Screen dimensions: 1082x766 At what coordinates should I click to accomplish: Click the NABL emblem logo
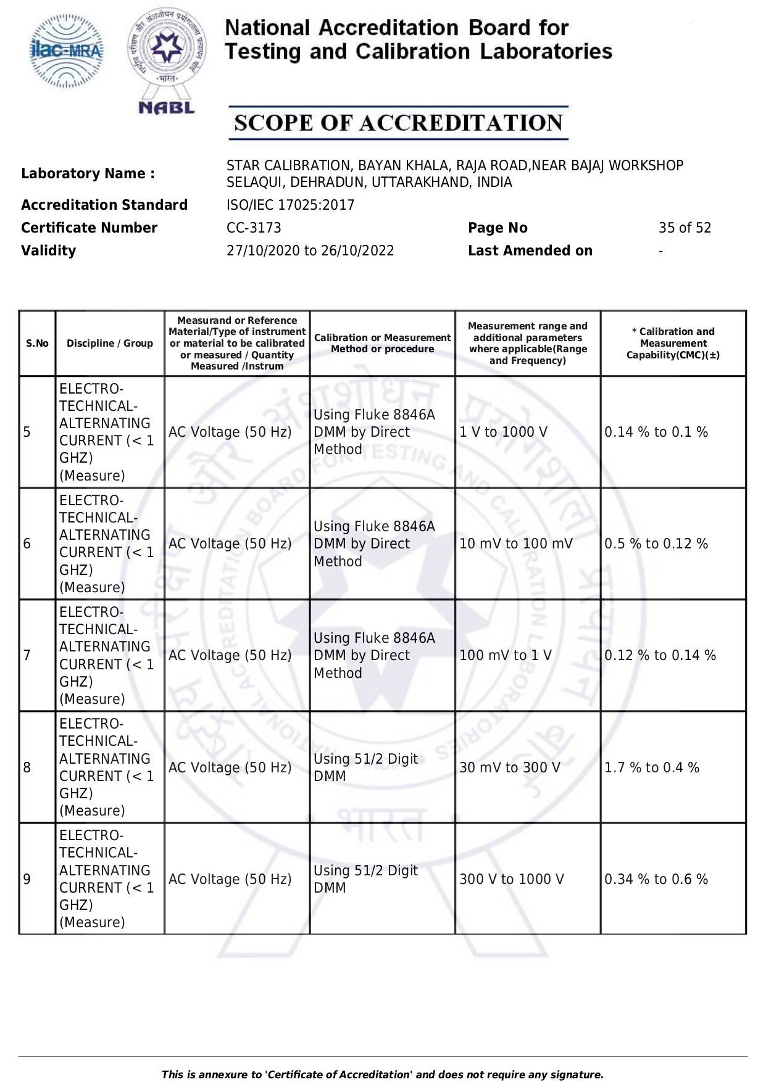(x=167, y=62)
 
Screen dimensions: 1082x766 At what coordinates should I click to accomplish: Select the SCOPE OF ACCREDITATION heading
(x=398, y=123)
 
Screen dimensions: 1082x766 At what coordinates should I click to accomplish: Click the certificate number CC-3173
(x=254, y=228)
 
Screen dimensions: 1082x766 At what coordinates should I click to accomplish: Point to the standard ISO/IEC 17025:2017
(x=290, y=205)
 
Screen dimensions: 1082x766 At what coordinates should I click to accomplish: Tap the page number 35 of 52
(x=685, y=228)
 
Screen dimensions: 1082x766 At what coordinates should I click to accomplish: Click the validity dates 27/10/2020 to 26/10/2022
(x=310, y=250)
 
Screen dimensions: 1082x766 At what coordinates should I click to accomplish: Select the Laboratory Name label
(x=88, y=173)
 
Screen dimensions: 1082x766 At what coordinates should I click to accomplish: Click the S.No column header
(x=37, y=344)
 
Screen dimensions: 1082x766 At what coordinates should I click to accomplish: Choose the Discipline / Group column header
(x=110, y=344)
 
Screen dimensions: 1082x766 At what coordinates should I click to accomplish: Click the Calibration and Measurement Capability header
(x=673, y=344)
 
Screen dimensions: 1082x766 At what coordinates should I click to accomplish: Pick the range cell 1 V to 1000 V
(x=503, y=432)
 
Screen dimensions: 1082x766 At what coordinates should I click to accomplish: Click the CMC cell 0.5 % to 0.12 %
(x=656, y=543)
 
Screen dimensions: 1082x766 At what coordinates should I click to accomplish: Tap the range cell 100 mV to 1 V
(x=505, y=655)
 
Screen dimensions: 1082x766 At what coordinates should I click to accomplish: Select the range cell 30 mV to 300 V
(x=509, y=767)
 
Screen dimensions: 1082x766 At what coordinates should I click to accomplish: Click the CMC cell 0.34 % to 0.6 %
(x=656, y=879)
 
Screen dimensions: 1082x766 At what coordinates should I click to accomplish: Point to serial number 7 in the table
(x=27, y=655)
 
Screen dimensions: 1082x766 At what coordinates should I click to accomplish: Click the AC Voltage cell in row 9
(x=230, y=879)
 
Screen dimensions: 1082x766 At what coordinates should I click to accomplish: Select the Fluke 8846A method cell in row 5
(x=374, y=432)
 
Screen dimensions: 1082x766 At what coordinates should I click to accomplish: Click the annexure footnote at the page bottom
(x=382, y=1075)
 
